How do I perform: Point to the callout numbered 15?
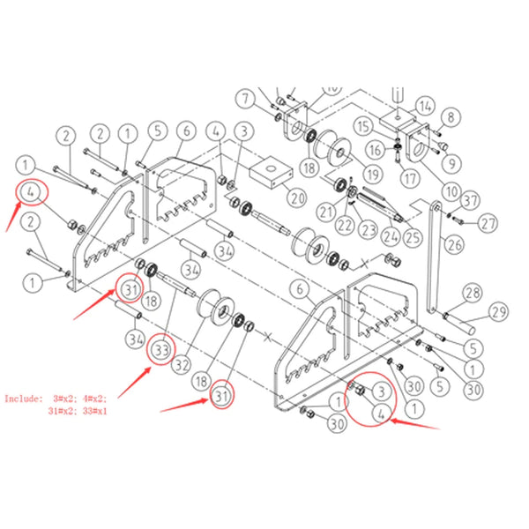363,126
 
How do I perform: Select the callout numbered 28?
473,293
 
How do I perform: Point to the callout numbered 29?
499,313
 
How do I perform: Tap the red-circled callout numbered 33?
160,350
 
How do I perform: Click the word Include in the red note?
22,399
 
